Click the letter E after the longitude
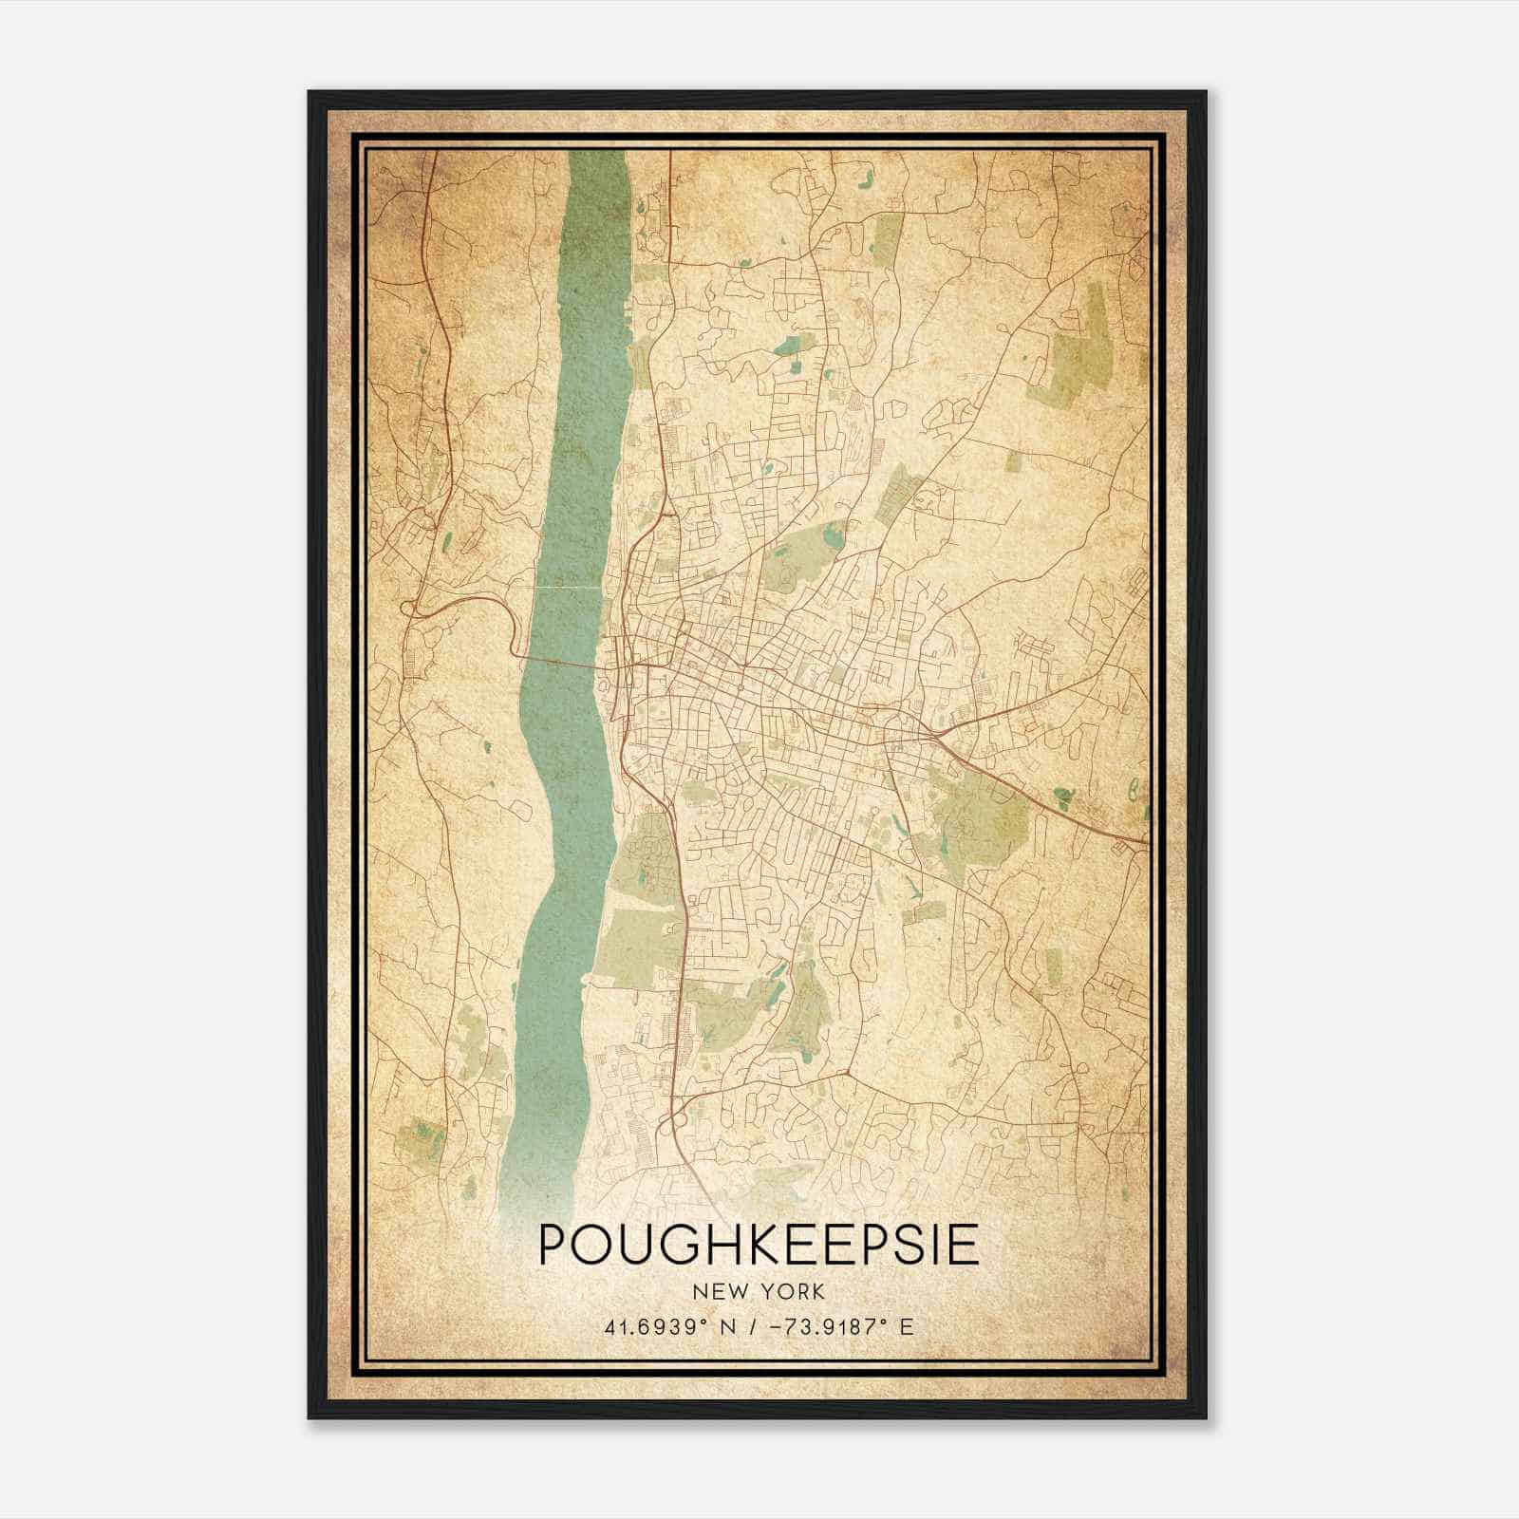pos(906,1326)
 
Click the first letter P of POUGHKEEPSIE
pos(553,1245)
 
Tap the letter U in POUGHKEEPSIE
pos(635,1245)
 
